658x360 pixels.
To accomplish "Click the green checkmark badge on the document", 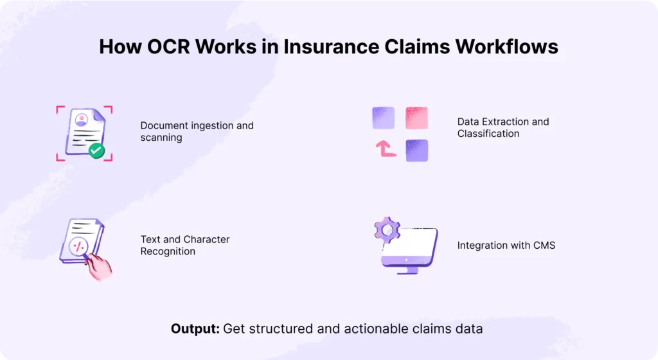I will click(x=97, y=150).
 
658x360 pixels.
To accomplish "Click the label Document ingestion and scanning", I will click(x=197, y=131).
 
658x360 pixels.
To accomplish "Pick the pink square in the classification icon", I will click(x=416, y=118).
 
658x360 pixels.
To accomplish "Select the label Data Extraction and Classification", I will click(x=503, y=127).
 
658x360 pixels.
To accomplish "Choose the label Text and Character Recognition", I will click(x=185, y=245).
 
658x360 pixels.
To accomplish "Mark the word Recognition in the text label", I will click(x=168, y=251).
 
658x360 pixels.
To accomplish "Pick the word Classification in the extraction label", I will click(x=488, y=134).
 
